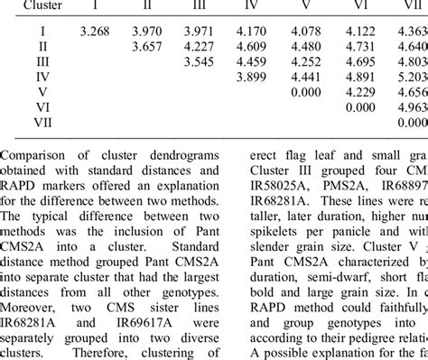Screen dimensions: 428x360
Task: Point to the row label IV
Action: pos(42,76)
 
